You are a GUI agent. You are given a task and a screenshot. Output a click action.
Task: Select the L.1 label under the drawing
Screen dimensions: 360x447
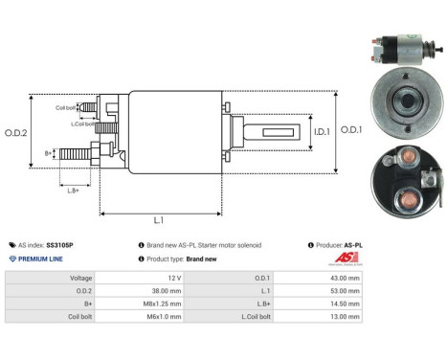pos(159,221)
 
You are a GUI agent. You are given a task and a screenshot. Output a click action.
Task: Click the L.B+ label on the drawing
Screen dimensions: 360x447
pos(73,190)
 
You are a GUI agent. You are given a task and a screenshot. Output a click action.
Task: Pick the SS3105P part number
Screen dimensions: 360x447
pos(59,245)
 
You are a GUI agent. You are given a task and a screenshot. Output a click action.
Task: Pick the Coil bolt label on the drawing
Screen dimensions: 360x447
pos(66,107)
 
